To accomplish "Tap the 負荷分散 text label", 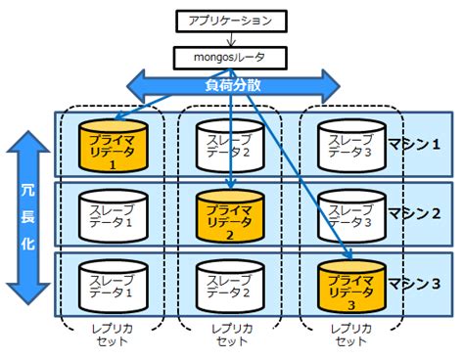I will tap(231, 86).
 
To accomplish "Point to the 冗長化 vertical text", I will tap(28, 219).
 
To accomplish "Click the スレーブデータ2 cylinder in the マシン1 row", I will tap(228, 145).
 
